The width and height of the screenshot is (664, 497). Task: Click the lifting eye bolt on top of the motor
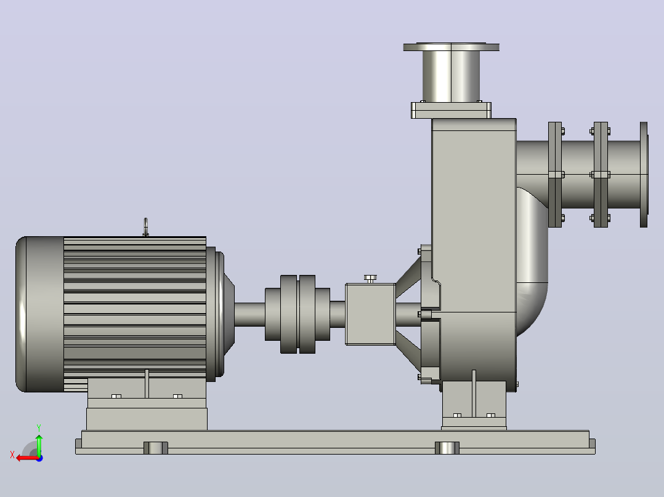[x=145, y=227]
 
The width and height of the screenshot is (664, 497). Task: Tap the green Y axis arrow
[x=39, y=445]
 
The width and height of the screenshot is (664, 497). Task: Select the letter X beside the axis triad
[x=12, y=455]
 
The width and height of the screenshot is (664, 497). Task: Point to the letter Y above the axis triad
[x=39, y=427]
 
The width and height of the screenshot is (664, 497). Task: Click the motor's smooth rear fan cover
[x=40, y=314]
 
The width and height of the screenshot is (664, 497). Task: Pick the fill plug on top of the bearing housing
[x=370, y=278]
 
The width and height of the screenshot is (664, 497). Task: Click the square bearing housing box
[x=371, y=314]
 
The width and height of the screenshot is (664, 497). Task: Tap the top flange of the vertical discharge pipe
[x=451, y=47]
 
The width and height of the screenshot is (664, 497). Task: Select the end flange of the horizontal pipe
[x=644, y=174]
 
